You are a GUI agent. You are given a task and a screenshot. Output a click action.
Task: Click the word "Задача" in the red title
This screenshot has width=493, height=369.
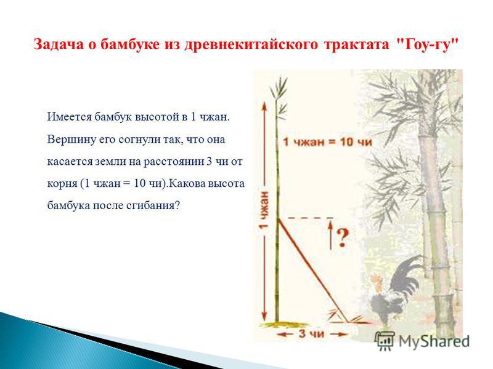59,44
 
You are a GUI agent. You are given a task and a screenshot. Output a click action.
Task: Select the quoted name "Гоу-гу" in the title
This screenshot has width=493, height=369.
426,44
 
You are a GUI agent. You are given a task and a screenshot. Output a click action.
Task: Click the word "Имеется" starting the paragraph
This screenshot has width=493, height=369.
69,117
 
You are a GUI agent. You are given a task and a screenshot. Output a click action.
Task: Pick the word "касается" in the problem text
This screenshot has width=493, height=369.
69,162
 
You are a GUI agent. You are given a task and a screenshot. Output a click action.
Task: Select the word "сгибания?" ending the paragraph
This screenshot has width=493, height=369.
153,205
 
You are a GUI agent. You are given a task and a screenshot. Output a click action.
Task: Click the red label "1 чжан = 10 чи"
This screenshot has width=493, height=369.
327,142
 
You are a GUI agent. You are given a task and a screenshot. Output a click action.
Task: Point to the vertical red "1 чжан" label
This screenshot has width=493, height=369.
264,209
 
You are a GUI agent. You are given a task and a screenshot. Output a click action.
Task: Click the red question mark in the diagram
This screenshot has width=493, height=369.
343,237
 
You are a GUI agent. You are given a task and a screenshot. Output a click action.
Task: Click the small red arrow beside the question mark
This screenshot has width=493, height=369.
330,235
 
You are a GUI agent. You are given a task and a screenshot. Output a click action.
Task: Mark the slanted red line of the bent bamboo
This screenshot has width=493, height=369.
312,270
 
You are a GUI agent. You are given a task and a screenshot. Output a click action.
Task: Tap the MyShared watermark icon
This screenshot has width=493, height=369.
385,341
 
